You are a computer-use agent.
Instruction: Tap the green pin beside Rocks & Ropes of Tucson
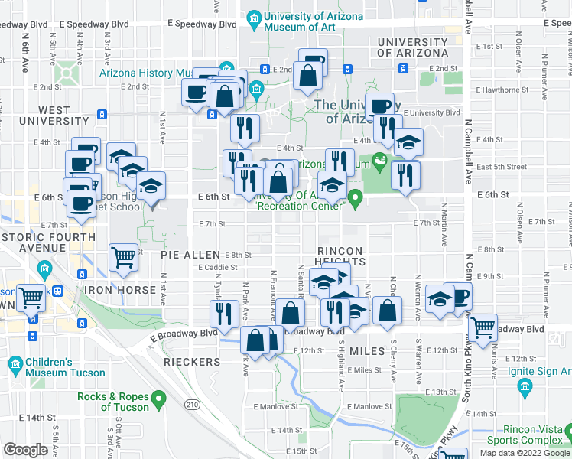coord(159,399)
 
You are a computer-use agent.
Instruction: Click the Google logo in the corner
coord(26,450)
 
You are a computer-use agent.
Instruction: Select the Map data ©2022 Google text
coord(525,452)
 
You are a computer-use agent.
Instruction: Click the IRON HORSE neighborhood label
coord(120,291)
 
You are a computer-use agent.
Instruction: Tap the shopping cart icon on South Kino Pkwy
coord(483,327)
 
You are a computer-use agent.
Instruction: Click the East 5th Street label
coord(501,167)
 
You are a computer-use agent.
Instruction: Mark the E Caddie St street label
coord(219,268)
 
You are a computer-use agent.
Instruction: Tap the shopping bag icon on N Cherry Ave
coord(388,310)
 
